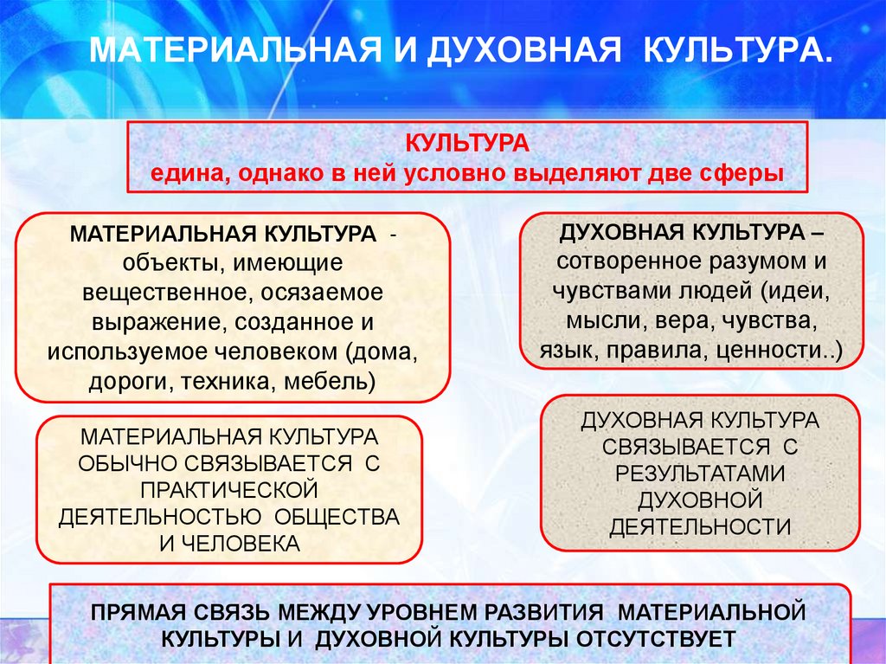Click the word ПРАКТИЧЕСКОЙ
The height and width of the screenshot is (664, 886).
pos(229,490)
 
